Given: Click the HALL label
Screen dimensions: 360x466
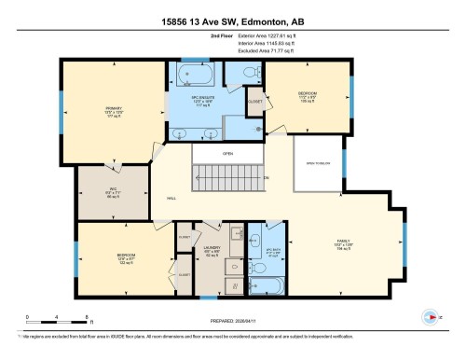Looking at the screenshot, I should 171,198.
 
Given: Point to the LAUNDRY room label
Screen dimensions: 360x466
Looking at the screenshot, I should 212,247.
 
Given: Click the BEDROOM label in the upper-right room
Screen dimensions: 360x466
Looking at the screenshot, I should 308,93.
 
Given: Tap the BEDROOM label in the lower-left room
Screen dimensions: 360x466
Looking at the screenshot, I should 127,255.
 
